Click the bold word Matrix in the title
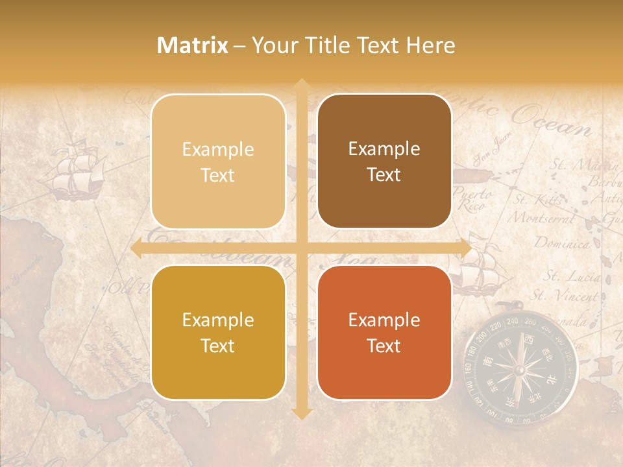pyautogui.click(x=193, y=45)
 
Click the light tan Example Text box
pyautogui.click(x=218, y=162)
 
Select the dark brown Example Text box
pyautogui.click(x=384, y=162)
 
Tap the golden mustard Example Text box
pyautogui.click(x=218, y=332)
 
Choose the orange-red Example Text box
pyautogui.click(x=384, y=332)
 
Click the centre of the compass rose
pyautogui.click(x=519, y=370)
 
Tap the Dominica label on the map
pyautogui.click(x=562, y=244)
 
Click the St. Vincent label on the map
pyautogui.click(x=565, y=296)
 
